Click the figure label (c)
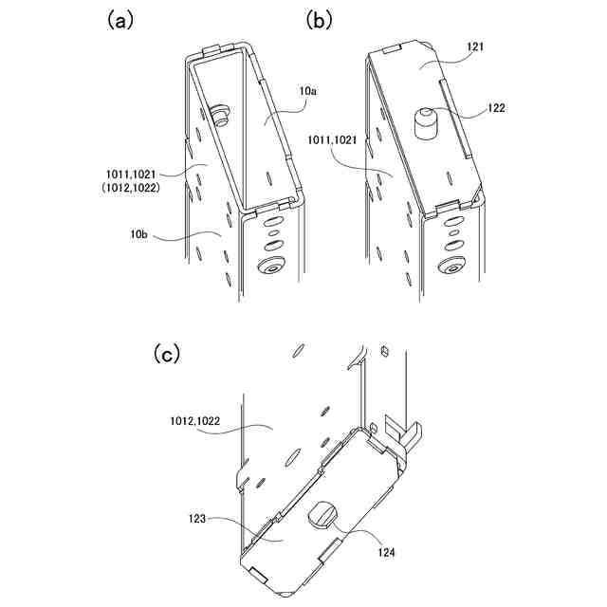pos(166,354)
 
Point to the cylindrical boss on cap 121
pos(426,123)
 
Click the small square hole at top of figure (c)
pos(385,351)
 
